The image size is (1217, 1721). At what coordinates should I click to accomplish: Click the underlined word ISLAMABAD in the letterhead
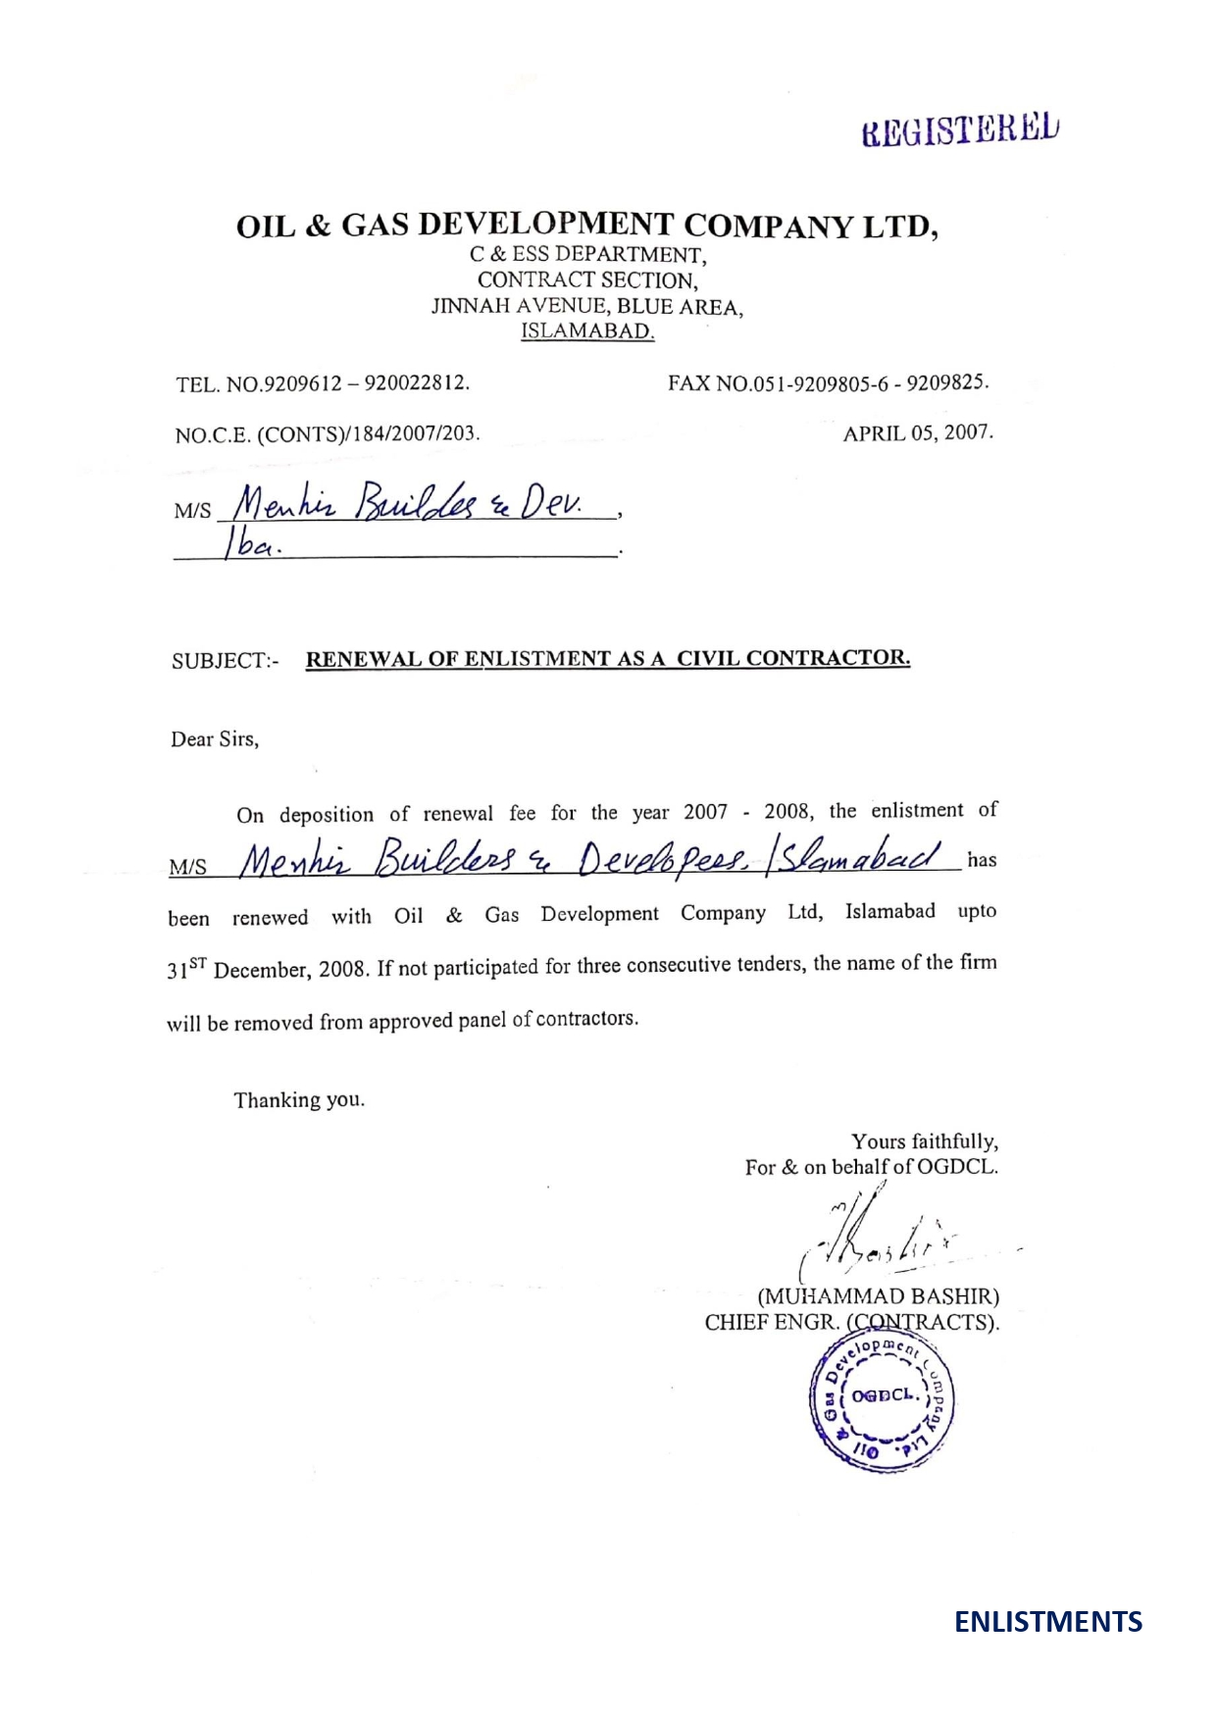[x=587, y=330]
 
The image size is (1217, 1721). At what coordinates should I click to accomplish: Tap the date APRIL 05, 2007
[x=918, y=432]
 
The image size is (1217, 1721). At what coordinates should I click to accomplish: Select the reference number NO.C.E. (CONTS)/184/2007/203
[x=328, y=433]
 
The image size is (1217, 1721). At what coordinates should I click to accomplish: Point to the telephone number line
[x=323, y=382]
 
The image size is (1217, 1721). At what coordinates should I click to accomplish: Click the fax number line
[x=828, y=382]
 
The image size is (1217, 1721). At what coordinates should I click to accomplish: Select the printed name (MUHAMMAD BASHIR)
[x=878, y=1296]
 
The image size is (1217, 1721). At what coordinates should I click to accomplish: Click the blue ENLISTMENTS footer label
[x=1048, y=1622]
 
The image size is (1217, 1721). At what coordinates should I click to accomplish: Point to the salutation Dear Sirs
[x=215, y=739]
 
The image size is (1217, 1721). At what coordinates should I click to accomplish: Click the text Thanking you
[x=299, y=1100]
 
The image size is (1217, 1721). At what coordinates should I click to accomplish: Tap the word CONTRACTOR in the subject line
[x=828, y=658]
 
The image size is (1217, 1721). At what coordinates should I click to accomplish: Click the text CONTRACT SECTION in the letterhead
[x=587, y=280]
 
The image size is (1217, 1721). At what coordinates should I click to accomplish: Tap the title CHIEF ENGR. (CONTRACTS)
[x=851, y=1322]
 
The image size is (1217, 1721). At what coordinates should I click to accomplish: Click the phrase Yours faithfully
[x=924, y=1141]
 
